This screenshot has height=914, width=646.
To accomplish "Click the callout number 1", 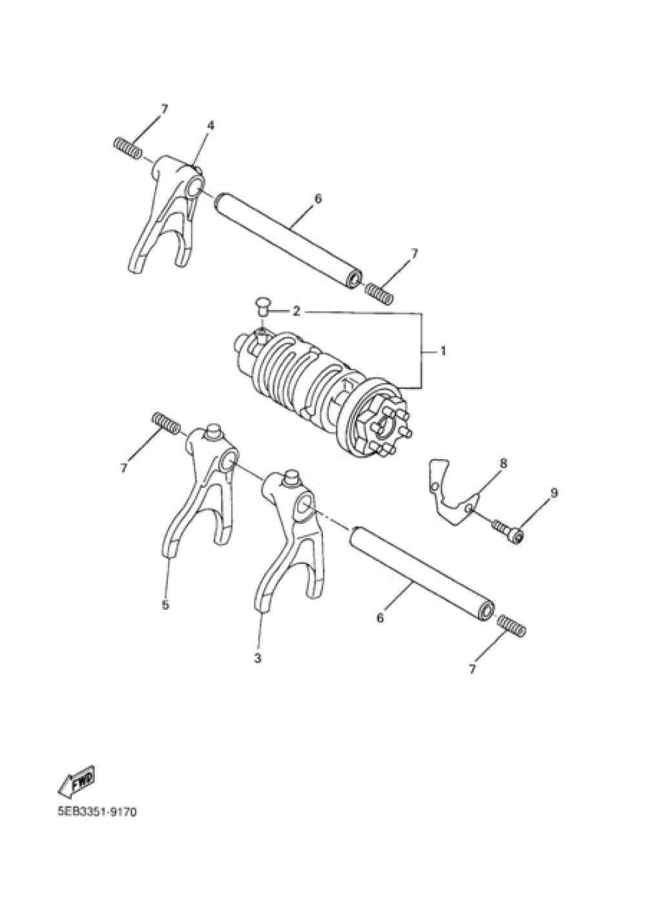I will (443, 351).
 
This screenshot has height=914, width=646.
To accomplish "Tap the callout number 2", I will (296, 311).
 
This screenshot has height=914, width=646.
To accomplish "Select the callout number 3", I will (258, 658).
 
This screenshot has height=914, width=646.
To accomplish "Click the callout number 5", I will (165, 605).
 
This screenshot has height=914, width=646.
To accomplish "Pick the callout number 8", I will (503, 463).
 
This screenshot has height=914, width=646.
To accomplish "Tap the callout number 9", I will (554, 493).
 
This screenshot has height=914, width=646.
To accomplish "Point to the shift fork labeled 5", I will (200, 491).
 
